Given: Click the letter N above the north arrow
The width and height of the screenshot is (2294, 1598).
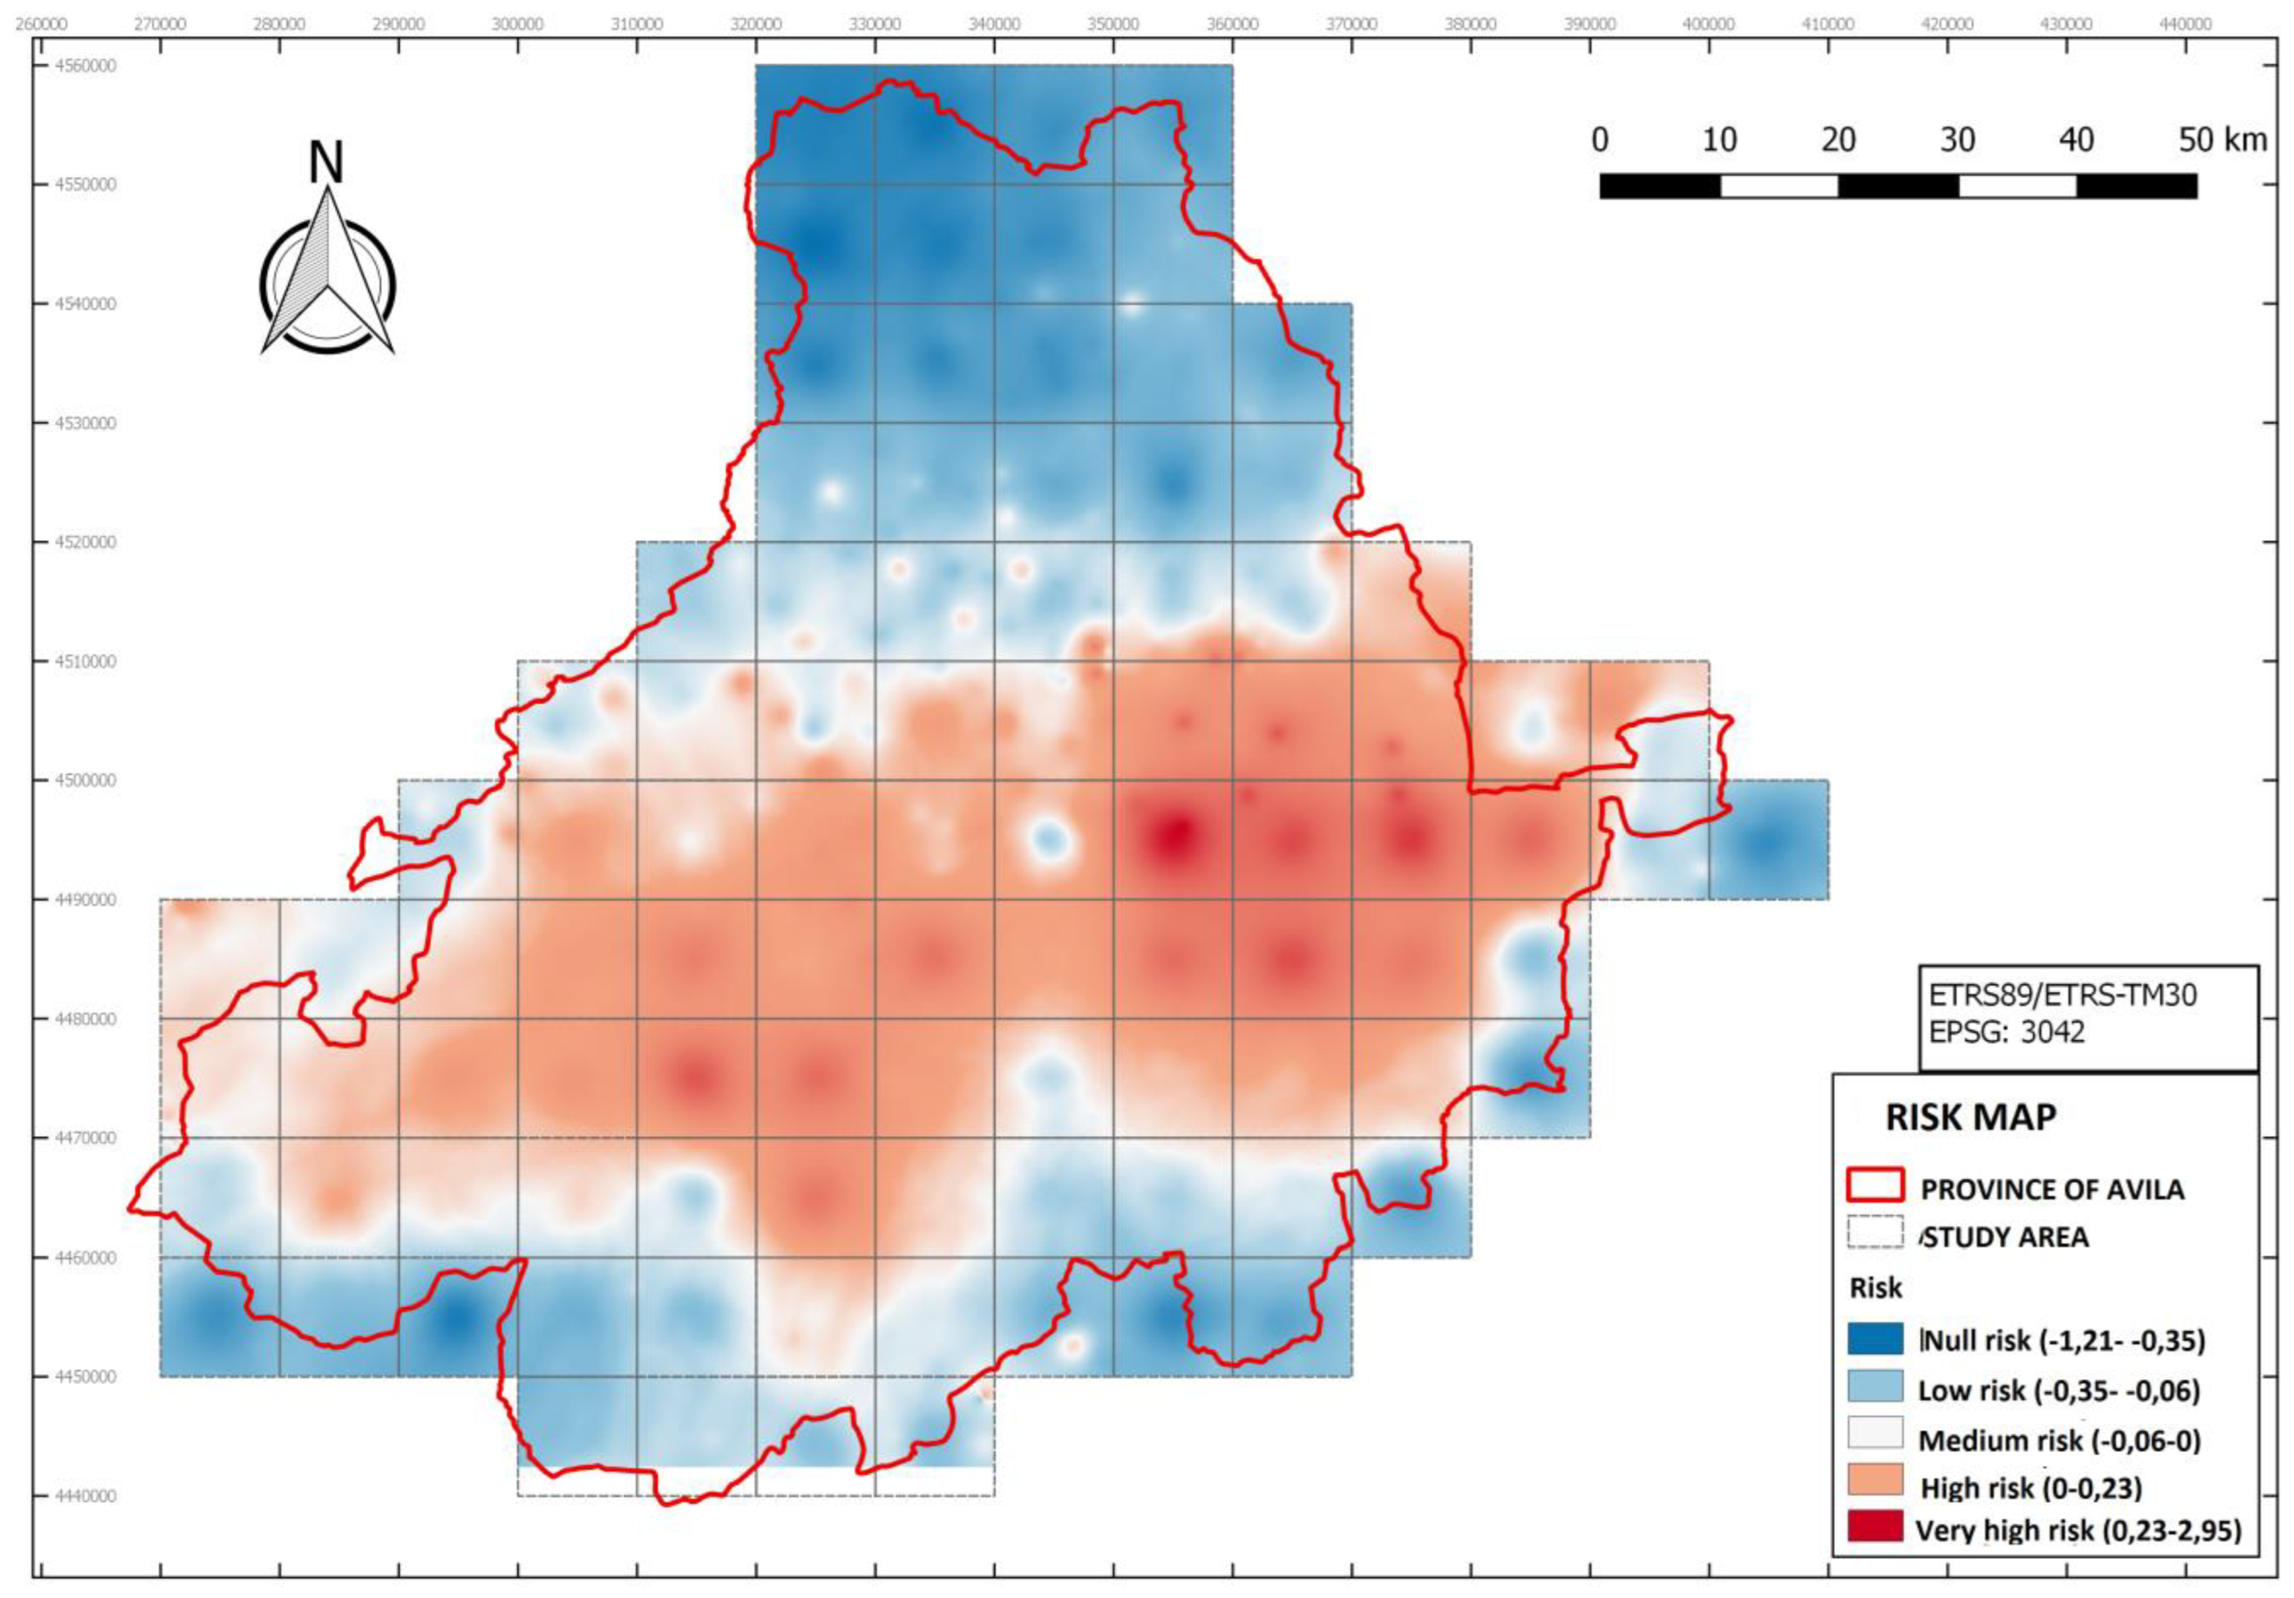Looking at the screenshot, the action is (x=326, y=162).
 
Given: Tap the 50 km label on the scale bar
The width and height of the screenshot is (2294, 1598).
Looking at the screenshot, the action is (x=2222, y=140).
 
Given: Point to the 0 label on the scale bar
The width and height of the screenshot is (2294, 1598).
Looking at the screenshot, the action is (x=1599, y=140).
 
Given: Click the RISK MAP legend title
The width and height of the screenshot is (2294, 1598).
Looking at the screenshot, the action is (x=1970, y=1117).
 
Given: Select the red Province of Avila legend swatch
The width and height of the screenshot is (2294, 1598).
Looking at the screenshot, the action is (x=1876, y=1186).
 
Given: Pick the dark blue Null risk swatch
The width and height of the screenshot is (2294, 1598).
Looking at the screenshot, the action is (x=1876, y=1338).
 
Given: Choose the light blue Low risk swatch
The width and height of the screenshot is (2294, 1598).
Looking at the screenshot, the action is (x=1876, y=1386).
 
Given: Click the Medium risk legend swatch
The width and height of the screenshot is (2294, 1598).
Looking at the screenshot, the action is (x=1876, y=1434).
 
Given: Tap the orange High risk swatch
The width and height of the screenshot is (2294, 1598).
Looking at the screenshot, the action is (x=1876, y=1480).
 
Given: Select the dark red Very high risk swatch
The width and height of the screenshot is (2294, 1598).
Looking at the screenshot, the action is (x=1876, y=1527).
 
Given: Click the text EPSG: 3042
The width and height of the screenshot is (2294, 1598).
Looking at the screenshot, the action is (x=2006, y=1031).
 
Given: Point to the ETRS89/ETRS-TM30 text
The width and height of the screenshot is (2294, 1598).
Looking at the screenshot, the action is (x=2062, y=996).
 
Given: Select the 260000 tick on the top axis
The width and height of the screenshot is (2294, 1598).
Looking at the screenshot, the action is (x=41, y=23).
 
